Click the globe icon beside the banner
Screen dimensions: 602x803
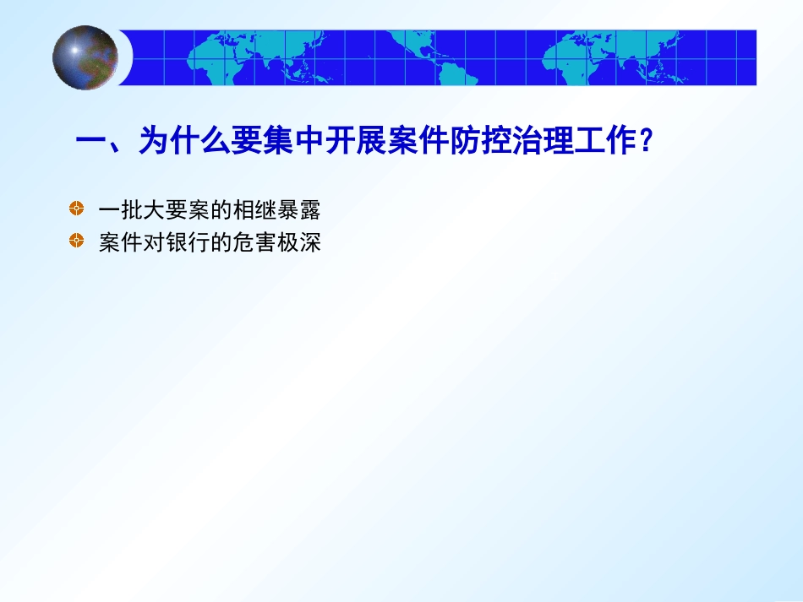click(85, 57)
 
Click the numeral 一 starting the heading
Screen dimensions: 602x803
click(90, 141)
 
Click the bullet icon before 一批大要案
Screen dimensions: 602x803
click(77, 208)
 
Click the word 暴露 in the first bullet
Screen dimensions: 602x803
click(302, 209)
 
